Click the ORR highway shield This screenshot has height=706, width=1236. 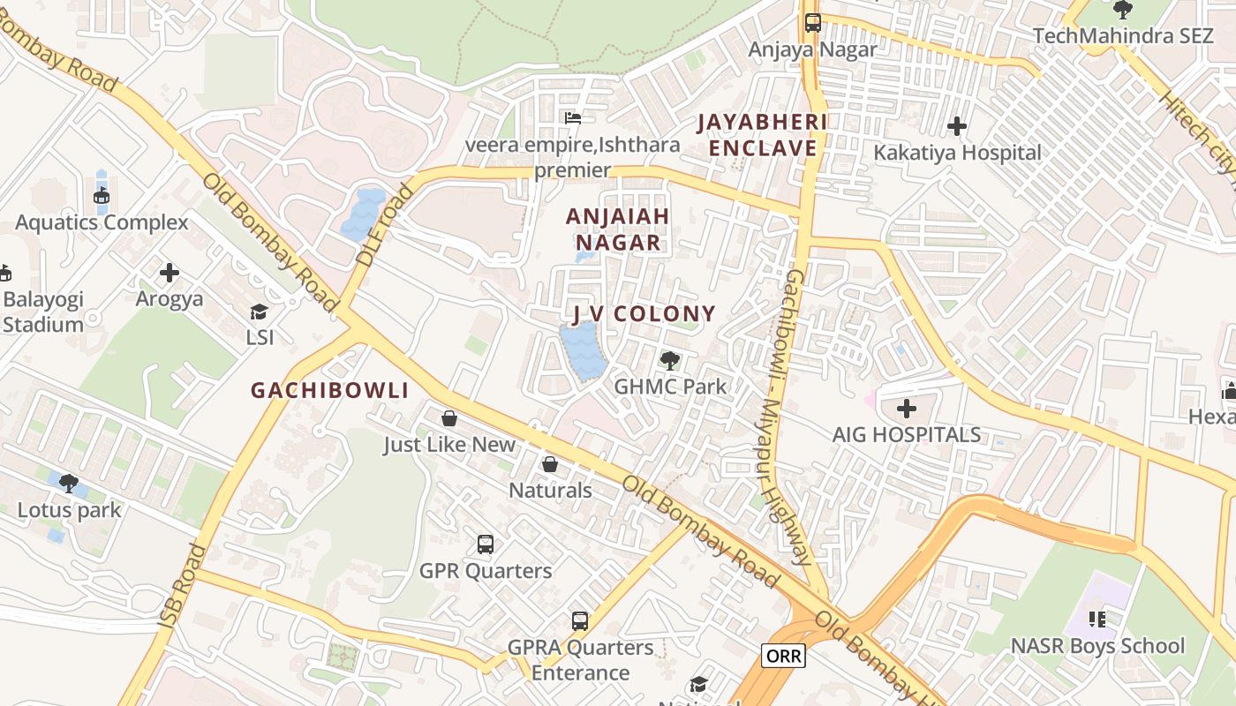point(783,656)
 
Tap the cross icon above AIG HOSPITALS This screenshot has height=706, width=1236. point(907,409)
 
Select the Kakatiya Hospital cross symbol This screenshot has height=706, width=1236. point(957,126)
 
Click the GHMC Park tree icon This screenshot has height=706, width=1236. point(670,360)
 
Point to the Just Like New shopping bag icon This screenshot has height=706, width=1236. point(449,417)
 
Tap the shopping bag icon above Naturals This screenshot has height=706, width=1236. point(550,463)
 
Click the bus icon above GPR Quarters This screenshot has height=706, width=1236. point(486,544)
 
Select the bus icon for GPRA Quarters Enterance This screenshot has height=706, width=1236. point(580,620)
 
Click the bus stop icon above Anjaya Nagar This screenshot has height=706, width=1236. point(813,23)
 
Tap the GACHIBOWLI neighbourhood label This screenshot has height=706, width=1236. point(330,390)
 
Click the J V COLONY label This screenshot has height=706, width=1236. point(644,314)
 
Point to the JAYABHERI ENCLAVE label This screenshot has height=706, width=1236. point(762,135)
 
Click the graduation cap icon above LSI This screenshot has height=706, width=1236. point(260,312)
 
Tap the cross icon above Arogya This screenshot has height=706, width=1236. point(170,273)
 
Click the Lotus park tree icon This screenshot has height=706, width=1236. point(69,483)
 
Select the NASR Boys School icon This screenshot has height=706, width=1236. point(1097,620)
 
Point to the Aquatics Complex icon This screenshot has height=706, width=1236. point(102,196)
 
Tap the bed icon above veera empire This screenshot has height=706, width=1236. point(573,117)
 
